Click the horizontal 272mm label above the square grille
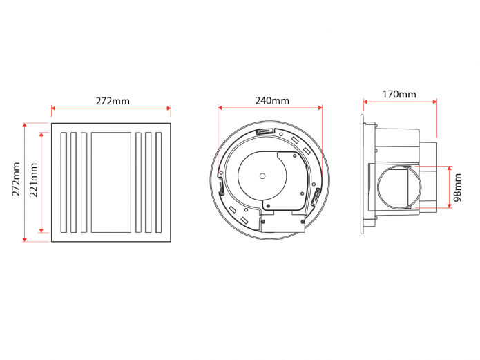pyautogui.click(x=112, y=101)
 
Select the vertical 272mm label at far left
pyautogui.click(x=16, y=181)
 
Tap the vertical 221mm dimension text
pyautogui.click(x=34, y=181)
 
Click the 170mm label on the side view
pyautogui.click(x=399, y=94)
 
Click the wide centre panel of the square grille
pyautogui.click(x=111, y=182)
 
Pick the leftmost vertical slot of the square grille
pyautogui.click(x=63, y=182)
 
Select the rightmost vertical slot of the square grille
pyautogui.click(x=158, y=182)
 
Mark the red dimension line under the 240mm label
pyautogui.click(x=270, y=108)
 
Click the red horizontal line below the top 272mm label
pyautogui.click(x=111, y=108)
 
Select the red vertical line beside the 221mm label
pyautogui.click(x=42, y=182)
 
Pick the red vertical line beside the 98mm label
pyautogui.click(x=450, y=187)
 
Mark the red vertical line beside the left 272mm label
pyautogui.click(x=26, y=182)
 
